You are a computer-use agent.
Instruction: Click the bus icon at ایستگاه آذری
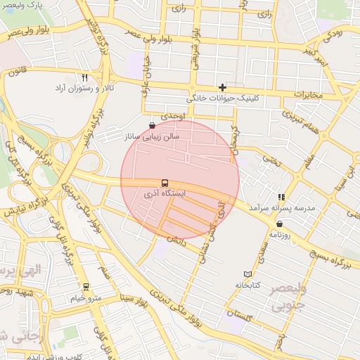click(165, 183)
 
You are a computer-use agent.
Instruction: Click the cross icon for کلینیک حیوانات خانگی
click(223, 88)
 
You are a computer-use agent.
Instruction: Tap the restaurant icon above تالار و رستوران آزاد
click(85, 77)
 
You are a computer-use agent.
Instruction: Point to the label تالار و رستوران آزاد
click(86, 89)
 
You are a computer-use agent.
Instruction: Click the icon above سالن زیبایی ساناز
click(153, 126)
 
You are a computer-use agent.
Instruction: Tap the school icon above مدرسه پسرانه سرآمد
click(281, 198)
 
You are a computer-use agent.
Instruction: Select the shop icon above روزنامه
click(279, 224)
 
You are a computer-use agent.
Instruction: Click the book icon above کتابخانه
click(247, 274)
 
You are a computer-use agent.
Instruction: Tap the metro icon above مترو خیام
click(86, 287)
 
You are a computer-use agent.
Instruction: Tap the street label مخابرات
click(307, 94)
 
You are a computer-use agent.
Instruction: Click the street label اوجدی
click(171, 115)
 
